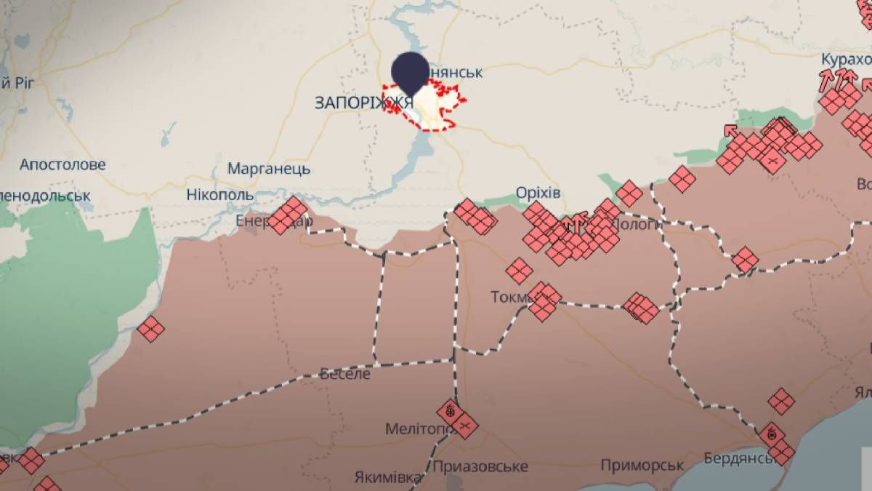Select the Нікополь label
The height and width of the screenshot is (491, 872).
coord(220,195)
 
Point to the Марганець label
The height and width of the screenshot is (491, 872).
coord(269,169)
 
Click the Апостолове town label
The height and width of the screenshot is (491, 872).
coord(62,165)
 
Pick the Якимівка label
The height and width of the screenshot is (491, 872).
coord(389,478)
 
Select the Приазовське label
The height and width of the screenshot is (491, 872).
coord(480,466)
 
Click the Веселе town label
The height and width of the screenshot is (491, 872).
coord(345,374)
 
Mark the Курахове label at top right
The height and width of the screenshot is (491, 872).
coord(846,59)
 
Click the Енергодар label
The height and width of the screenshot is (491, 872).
coord(254,220)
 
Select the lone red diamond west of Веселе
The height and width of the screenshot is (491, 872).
coord(150,329)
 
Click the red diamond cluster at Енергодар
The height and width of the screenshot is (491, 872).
coord(288,215)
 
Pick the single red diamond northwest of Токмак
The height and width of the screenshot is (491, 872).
coord(519,271)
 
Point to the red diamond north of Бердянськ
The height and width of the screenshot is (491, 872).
coord(782,399)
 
